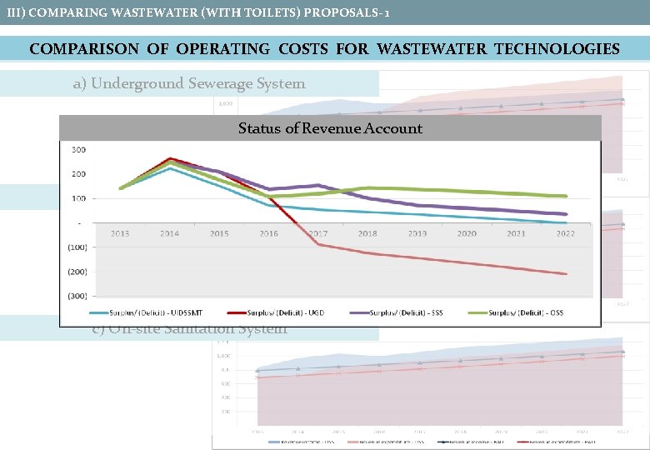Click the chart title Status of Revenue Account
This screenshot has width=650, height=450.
[x=330, y=128]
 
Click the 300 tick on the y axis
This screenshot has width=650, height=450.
[x=77, y=150]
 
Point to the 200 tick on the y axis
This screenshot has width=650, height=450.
[x=77, y=174]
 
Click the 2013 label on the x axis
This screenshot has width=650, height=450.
[x=120, y=234]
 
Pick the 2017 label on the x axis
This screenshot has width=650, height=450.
[x=317, y=234]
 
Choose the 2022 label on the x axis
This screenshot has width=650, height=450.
[x=565, y=234]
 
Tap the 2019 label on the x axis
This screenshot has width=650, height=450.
[x=417, y=234]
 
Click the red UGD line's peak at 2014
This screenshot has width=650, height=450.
[x=170, y=158]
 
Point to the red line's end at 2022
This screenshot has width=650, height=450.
[x=567, y=274]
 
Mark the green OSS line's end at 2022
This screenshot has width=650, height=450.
[x=567, y=197]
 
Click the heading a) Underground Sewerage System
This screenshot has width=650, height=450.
[x=198, y=83]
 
